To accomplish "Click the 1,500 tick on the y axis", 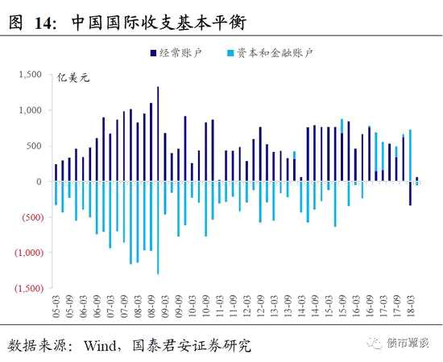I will (30, 74).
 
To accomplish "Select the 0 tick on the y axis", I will (37, 181).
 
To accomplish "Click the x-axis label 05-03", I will (56, 309).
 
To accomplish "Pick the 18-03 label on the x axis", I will (410, 309).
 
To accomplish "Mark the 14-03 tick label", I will (301, 309).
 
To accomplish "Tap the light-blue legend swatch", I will (230, 53).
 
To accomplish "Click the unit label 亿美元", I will (69, 78).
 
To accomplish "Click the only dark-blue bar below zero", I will (410, 193).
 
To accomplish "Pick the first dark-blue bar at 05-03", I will (56, 172).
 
